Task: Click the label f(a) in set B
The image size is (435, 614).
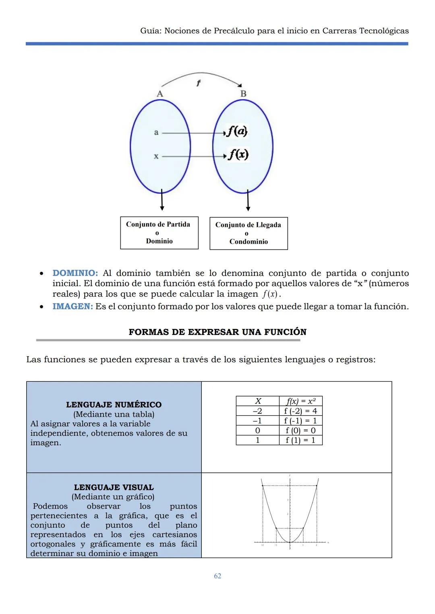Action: click(x=237, y=131)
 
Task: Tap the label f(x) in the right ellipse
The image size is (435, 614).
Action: click(x=238, y=154)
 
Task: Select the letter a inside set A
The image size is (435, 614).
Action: click(x=156, y=132)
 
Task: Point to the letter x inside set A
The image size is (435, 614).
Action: click(x=156, y=156)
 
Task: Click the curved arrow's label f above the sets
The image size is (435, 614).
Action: click(x=198, y=83)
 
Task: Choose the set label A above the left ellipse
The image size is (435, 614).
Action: click(x=160, y=94)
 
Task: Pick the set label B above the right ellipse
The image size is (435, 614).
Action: click(x=243, y=94)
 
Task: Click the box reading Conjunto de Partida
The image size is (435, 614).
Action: click(x=159, y=233)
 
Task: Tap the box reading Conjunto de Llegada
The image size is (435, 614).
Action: click(x=249, y=233)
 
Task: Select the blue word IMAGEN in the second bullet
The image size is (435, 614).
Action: click(x=72, y=306)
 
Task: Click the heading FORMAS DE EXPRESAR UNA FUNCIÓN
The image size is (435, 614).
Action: click(x=217, y=332)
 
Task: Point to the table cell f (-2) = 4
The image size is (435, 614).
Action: click(x=300, y=411)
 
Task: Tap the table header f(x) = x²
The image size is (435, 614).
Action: click(x=300, y=401)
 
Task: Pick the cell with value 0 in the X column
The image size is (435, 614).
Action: click(x=258, y=430)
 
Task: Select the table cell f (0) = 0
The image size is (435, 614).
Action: click(x=300, y=430)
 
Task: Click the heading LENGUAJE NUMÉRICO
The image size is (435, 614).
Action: click(x=114, y=405)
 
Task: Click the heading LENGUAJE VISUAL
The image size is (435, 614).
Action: click(x=114, y=487)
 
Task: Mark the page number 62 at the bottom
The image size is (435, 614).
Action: click(x=217, y=576)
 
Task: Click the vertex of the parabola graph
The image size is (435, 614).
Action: click(x=290, y=542)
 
